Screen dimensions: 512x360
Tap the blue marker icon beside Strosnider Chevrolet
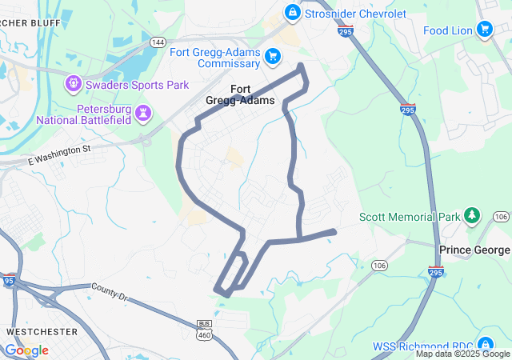(x=292, y=13)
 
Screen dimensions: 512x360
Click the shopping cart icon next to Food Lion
(x=484, y=30)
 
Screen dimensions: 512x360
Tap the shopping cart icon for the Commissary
(x=274, y=56)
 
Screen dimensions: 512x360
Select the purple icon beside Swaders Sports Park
(x=74, y=82)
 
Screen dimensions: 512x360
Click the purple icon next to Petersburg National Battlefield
(x=142, y=113)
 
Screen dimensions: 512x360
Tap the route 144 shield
(x=158, y=42)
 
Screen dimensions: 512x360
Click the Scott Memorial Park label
(x=410, y=217)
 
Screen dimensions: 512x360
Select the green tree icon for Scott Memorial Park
(x=472, y=216)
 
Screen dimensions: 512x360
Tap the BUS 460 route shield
(x=204, y=326)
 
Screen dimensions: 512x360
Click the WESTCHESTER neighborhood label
(x=42, y=331)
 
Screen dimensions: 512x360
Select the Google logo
(x=26, y=350)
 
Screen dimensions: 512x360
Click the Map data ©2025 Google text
(x=462, y=354)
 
